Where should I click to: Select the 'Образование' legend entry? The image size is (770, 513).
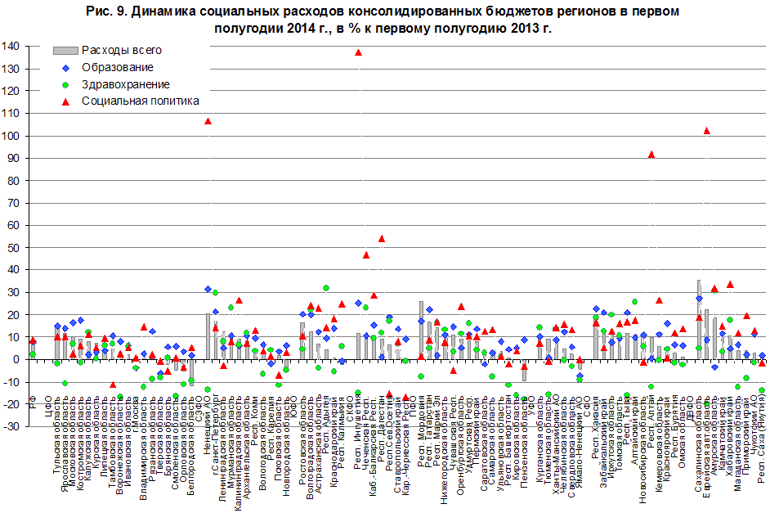(x=118, y=67)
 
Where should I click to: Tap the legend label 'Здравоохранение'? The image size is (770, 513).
(x=126, y=84)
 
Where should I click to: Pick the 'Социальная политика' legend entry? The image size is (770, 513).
(x=140, y=101)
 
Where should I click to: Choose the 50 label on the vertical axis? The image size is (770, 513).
(x=15, y=248)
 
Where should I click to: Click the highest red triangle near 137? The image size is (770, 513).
(x=358, y=52)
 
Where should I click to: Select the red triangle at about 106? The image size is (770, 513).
(x=208, y=121)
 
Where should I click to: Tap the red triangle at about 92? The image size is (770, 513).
(x=651, y=154)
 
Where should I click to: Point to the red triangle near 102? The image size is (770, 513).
(x=706, y=131)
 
